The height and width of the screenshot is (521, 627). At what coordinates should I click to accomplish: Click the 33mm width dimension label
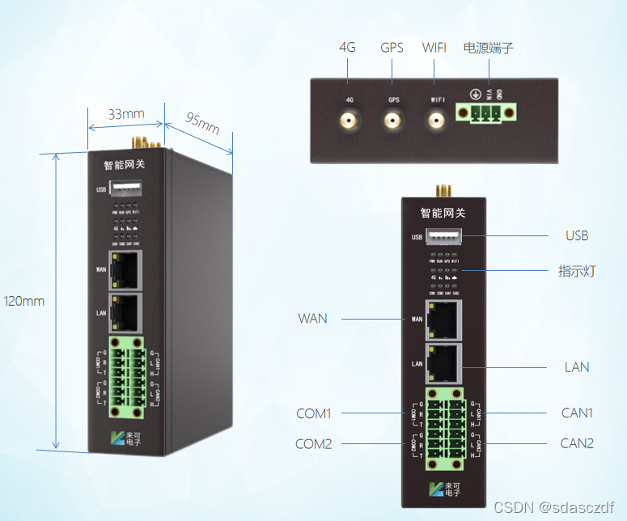point(126,114)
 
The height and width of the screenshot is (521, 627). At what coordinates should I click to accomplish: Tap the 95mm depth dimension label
point(202,123)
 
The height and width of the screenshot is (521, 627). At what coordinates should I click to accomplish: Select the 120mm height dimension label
point(24,301)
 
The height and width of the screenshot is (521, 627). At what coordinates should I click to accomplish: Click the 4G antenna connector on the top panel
point(350,122)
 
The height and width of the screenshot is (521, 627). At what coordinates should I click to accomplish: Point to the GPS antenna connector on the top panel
point(393,122)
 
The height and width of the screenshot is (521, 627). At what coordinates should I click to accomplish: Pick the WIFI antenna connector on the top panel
point(437,122)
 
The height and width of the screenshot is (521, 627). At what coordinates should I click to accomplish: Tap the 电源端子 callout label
point(488,48)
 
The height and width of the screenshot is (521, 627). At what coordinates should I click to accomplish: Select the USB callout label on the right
point(577,235)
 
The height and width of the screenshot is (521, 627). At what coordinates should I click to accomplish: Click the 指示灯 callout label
point(577,271)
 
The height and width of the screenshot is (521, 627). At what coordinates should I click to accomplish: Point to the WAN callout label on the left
point(312,318)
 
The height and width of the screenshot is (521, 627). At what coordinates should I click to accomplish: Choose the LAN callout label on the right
point(577,366)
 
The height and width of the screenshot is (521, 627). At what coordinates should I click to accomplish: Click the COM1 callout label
point(313,413)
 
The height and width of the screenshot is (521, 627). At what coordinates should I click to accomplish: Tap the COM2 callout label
point(313,443)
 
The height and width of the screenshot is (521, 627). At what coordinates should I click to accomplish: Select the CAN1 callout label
point(578,413)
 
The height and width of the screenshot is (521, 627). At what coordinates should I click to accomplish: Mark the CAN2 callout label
point(578,443)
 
